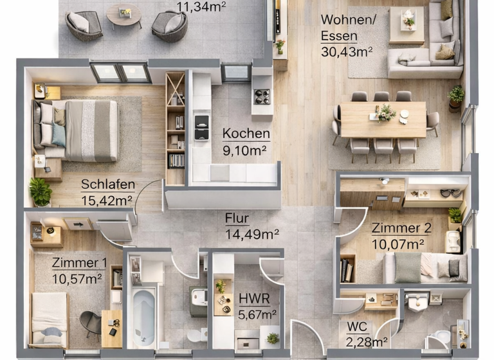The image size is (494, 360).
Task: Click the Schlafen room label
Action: pyautogui.click(x=107, y=184)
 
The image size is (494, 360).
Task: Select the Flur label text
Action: pyautogui.click(x=237, y=218)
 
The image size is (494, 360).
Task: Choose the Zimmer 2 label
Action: pyautogui.click(x=401, y=228)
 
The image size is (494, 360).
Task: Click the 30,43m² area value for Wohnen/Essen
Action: pyautogui.click(x=347, y=51)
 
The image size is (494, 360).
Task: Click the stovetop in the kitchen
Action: pyautogui.click(x=262, y=96)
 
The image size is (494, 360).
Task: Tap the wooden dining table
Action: pyautogui.click(x=383, y=119)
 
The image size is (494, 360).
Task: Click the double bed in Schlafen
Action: pyautogui.click(x=77, y=130)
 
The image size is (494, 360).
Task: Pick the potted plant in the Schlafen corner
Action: pyautogui.click(x=41, y=192)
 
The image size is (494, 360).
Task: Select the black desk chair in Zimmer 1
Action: pyautogui.click(x=91, y=322)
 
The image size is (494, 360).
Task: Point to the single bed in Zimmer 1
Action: pyautogui.click(x=49, y=318)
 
